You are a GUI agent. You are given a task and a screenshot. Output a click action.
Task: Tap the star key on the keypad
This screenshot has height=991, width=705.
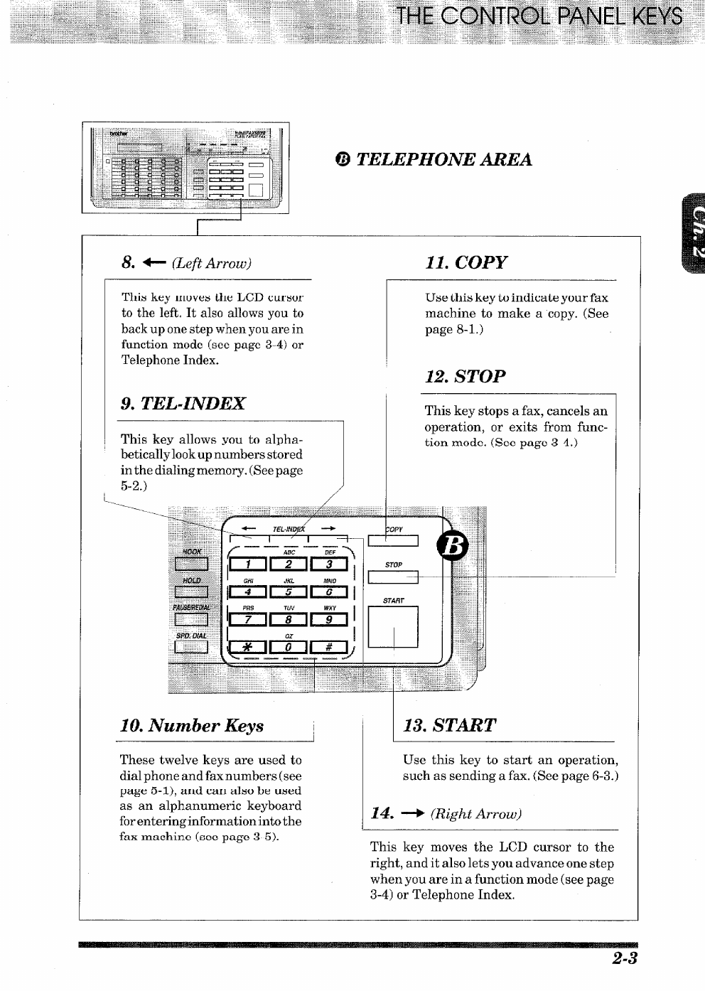click(x=247, y=646)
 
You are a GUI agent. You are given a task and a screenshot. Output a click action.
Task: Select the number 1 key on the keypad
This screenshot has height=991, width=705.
click(x=247, y=564)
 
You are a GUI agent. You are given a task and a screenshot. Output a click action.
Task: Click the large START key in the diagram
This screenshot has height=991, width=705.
click(x=392, y=626)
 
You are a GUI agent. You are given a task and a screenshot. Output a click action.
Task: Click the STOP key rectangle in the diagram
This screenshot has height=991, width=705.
click(x=392, y=578)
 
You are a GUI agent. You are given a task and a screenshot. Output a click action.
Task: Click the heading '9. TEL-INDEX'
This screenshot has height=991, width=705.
click(x=183, y=404)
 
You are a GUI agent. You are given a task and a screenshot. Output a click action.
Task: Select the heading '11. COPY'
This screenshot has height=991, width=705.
click(x=466, y=262)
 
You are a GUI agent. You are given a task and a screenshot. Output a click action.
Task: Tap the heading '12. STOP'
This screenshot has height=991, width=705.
click(x=465, y=376)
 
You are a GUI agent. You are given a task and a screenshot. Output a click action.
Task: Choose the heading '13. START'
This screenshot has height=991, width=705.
click(x=450, y=726)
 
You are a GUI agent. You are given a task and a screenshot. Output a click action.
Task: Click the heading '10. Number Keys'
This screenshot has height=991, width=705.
click(x=192, y=726)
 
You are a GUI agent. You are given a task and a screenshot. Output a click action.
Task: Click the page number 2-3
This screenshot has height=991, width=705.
click(x=624, y=958)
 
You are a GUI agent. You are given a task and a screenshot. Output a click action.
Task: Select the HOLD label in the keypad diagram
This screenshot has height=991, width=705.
click(x=191, y=580)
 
